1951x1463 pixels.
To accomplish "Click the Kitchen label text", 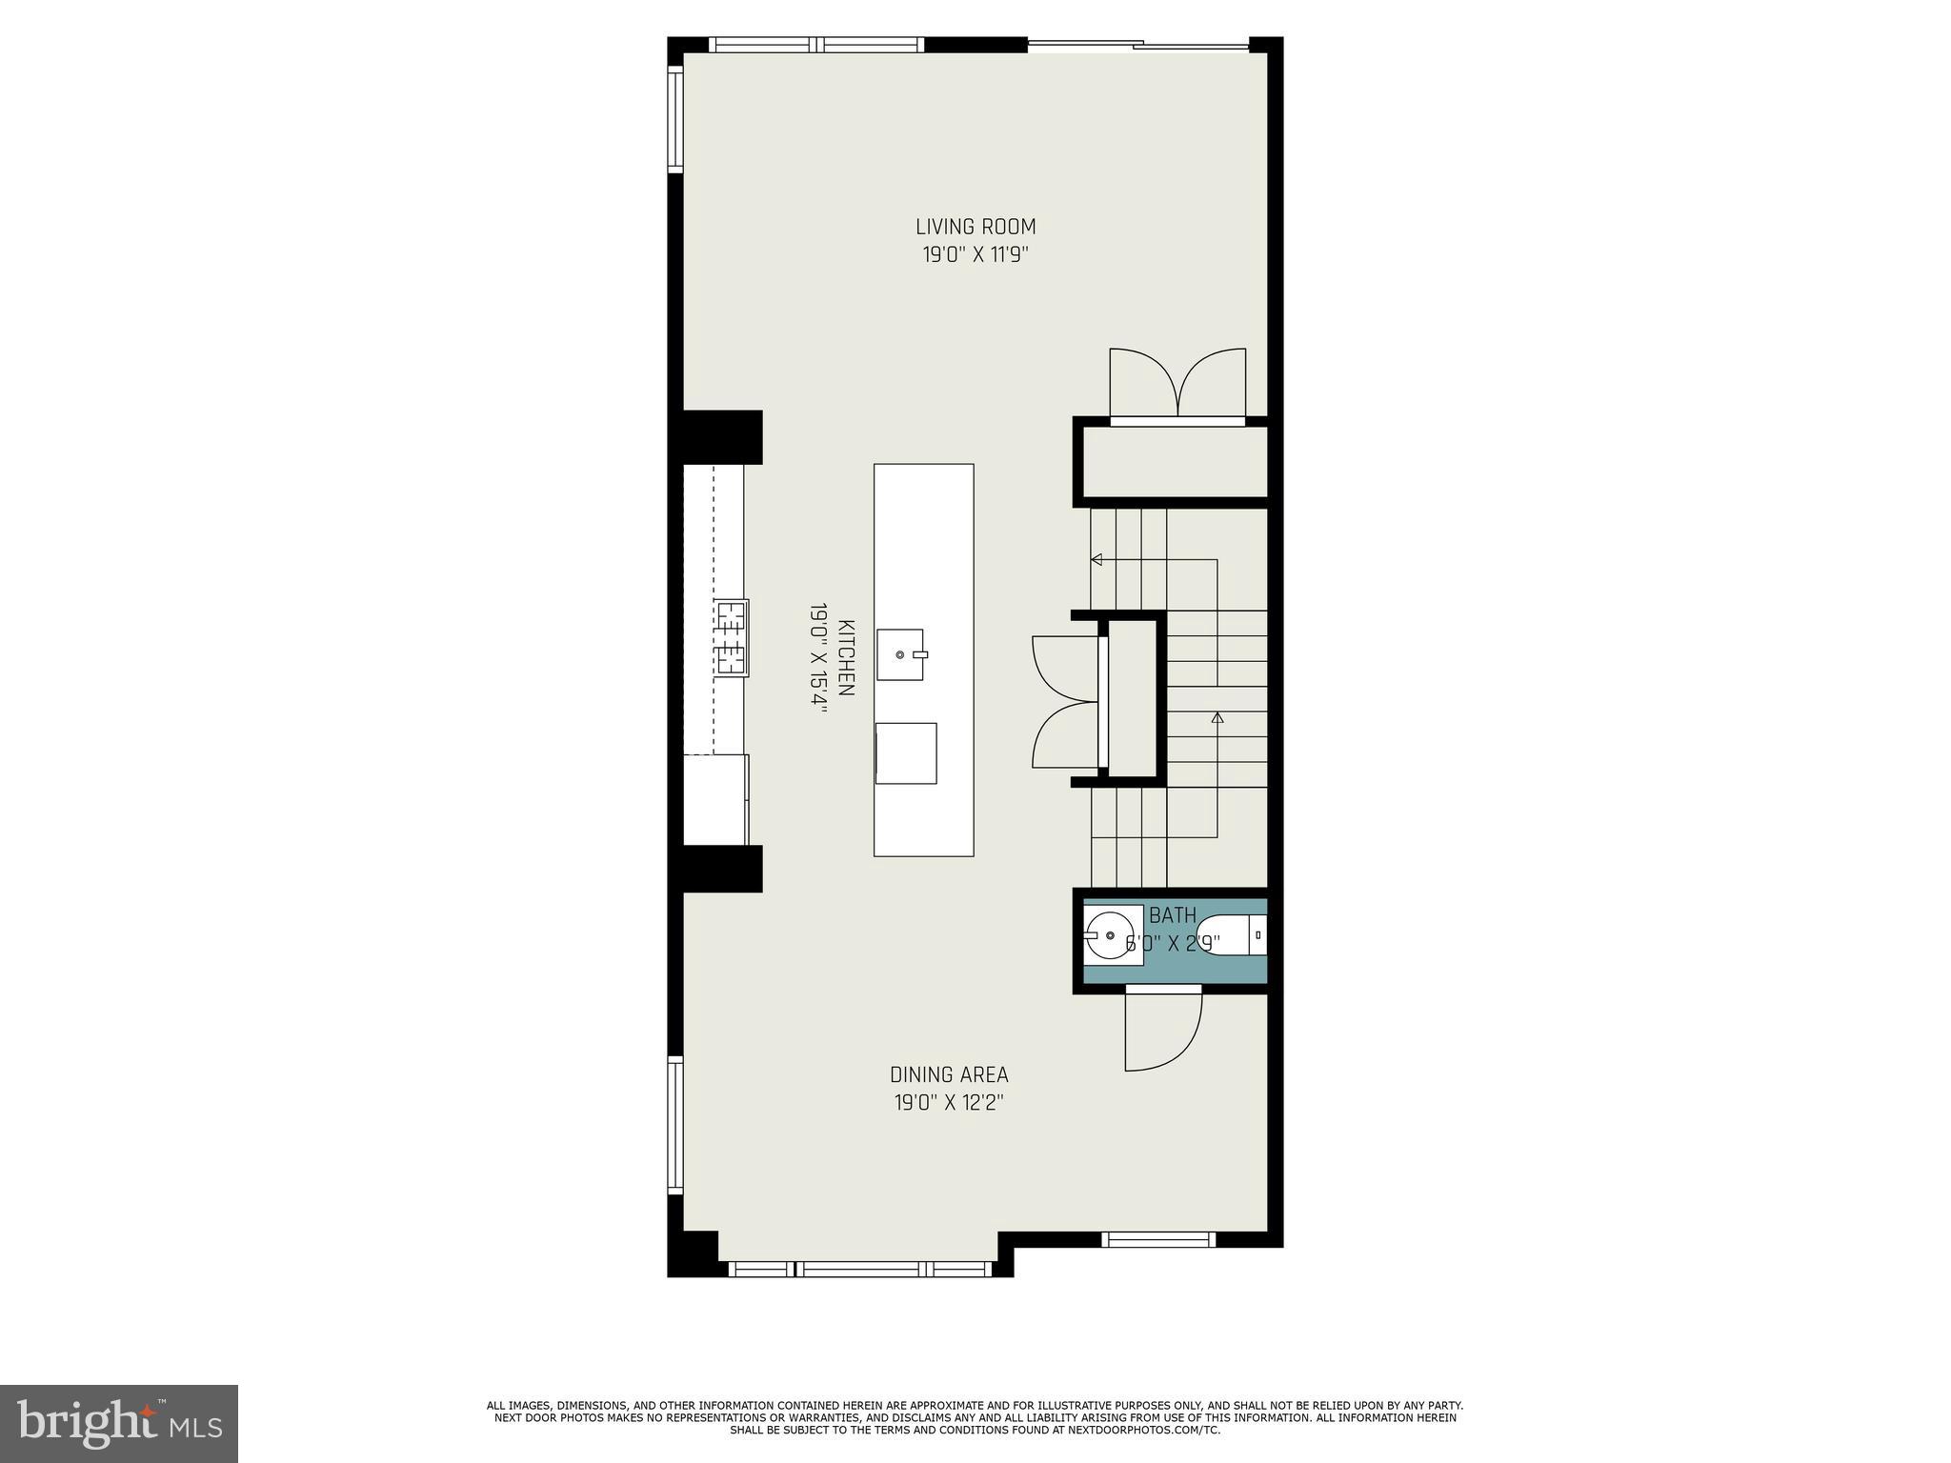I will click(x=845, y=657).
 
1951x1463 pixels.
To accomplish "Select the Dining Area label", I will click(x=949, y=1074).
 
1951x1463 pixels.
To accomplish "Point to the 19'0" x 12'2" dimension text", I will click(x=949, y=1103).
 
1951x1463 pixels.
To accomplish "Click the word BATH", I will click(x=1173, y=915).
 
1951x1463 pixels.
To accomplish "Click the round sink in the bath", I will click(x=1110, y=933).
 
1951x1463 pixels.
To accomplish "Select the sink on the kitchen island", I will click(x=900, y=654).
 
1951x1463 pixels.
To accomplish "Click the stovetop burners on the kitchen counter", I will click(x=732, y=637).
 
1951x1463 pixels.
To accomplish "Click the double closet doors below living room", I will click(x=1177, y=383).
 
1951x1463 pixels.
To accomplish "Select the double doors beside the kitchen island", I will click(x=1065, y=702).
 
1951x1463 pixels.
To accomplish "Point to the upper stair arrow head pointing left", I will click(x=1096, y=560).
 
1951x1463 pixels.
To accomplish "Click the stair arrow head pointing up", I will click(x=1217, y=717).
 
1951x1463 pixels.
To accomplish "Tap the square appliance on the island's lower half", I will click(x=905, y=752).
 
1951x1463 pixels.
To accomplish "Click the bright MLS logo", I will click(x=119, y=1423).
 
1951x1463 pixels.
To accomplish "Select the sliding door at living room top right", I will click(x=1138, y=43).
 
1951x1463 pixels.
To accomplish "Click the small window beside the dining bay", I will click(x=1158, y=1239).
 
